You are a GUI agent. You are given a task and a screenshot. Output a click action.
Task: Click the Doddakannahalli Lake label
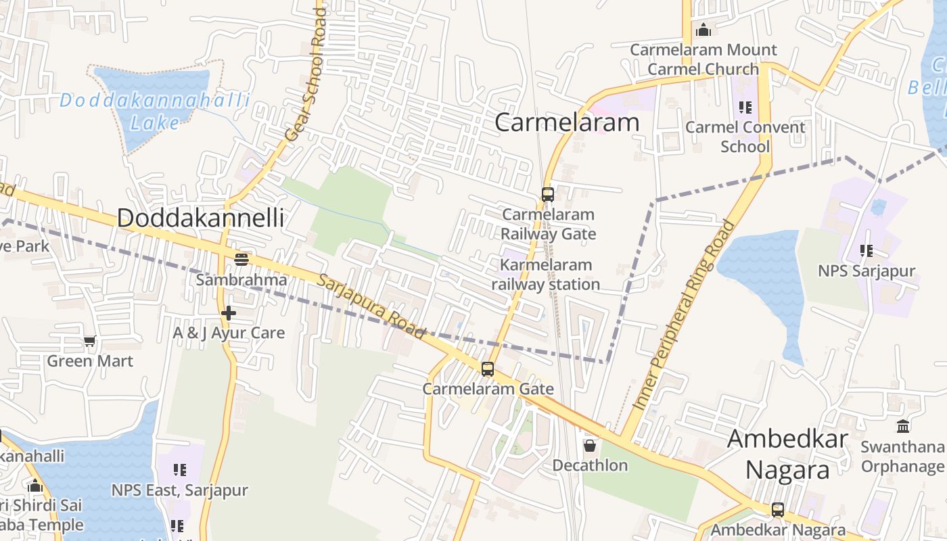155,112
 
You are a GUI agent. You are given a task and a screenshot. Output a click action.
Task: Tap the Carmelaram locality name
567,122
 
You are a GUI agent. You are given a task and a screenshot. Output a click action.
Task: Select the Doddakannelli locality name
200,218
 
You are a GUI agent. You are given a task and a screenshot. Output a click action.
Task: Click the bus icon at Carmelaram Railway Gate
548,195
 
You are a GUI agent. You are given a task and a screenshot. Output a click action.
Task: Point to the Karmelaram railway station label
546,275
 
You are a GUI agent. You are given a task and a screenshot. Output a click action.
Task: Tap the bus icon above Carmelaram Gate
488,369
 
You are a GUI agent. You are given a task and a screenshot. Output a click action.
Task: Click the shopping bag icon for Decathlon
590,446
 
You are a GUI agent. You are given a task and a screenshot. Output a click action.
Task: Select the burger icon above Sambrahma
241,259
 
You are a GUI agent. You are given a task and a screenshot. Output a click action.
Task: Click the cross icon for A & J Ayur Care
229,313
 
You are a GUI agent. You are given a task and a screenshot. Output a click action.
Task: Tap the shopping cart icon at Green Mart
90,341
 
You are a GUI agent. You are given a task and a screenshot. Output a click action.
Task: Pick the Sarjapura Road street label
371,306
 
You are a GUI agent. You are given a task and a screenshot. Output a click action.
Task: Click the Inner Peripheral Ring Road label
684,314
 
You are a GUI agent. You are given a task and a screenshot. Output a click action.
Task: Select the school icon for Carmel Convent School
745,107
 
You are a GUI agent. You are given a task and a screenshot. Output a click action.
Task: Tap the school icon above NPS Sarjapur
867,251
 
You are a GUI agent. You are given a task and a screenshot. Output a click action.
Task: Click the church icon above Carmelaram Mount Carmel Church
703,30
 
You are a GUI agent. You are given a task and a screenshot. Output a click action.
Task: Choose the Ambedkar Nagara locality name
787,454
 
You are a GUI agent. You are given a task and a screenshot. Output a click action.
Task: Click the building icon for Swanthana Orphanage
903,427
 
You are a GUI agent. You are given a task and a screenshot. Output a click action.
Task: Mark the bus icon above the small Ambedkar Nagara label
778,510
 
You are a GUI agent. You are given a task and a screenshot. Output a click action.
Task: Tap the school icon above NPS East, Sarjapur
179,469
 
